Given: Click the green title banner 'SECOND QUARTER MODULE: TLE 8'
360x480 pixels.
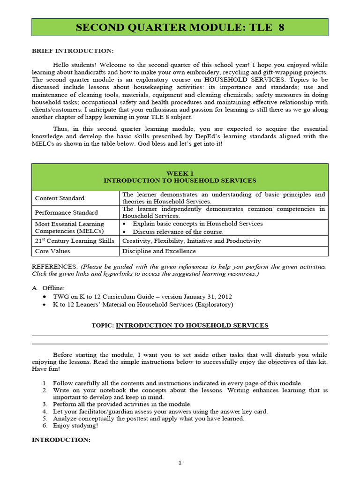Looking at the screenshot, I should [180, 28].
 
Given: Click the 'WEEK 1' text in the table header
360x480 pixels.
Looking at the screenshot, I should [180, 173].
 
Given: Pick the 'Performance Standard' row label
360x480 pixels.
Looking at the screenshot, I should [67, 212].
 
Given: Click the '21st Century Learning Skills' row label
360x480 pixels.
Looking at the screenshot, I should [75, 241].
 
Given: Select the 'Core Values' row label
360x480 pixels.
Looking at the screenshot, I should [52, 251].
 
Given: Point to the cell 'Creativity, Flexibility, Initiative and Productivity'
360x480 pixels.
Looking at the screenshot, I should [191, 241].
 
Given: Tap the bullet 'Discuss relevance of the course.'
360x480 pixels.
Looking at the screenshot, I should [178, 232].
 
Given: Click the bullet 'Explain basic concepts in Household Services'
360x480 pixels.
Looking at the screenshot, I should [197, 224].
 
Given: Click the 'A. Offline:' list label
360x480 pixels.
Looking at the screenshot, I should [48, 288].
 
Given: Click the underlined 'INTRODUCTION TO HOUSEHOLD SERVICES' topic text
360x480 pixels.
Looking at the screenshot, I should [192, 325].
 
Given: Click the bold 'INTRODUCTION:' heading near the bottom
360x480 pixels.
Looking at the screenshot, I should [60, 440].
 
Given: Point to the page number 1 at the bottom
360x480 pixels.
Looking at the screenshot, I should [180, 463].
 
